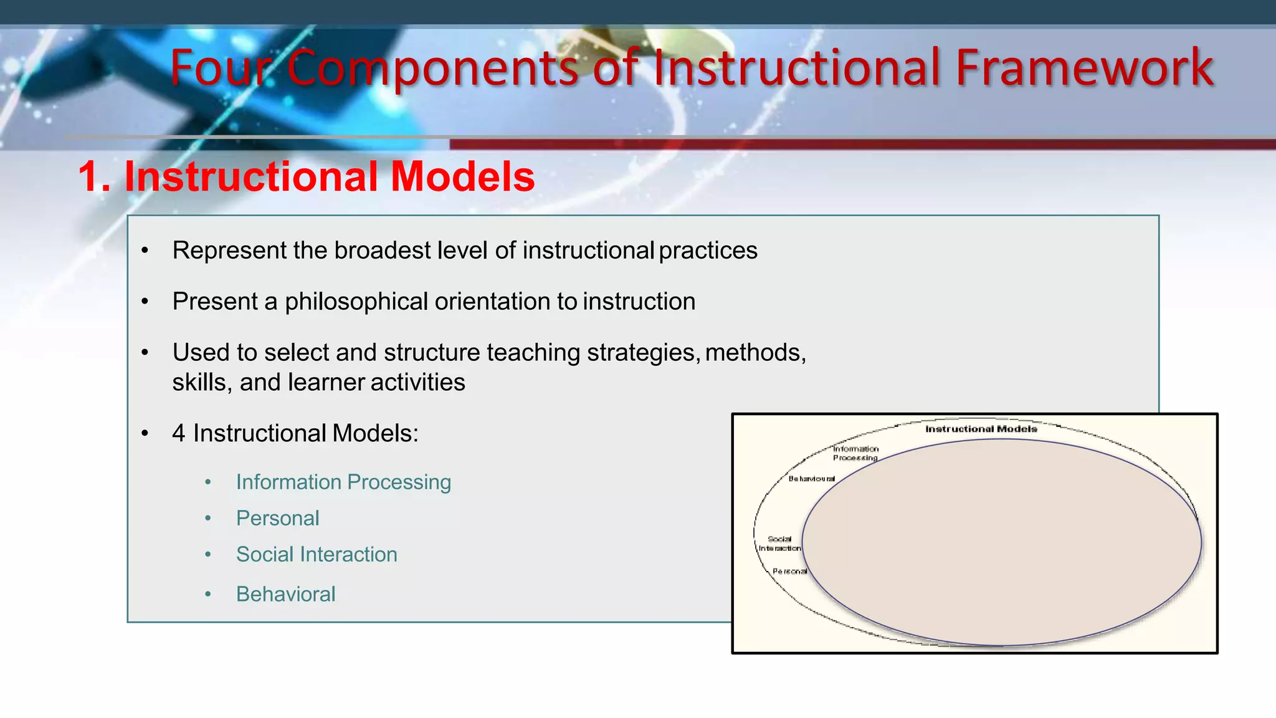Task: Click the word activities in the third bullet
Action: (x=417, y=382)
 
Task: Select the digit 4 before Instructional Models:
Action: (x=179, y=433)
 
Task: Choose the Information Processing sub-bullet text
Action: (x=343, y=482)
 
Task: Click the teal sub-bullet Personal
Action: (x=277, y=518)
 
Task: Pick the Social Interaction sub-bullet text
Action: (x=317, y=554)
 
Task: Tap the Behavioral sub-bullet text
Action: (x=285, y=594)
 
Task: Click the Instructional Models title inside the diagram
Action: (x=981, y=429)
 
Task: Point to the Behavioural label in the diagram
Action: (x=811, y=479)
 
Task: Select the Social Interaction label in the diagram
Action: (x=779, y=543)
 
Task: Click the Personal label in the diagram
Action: (x=789, y=571)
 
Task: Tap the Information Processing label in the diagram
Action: (x=855, y=453)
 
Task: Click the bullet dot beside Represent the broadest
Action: (x=145, y=251)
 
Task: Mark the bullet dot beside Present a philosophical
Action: (x=145, y=302)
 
